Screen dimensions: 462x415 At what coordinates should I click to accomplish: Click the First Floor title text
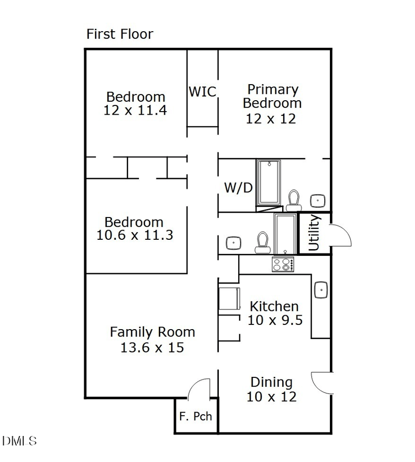click(120, 34)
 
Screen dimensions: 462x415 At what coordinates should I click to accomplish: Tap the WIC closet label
click(202, 92)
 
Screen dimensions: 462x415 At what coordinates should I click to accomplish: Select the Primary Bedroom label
click(272, 96)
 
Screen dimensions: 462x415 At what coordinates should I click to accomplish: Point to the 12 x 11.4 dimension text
click(135, 110)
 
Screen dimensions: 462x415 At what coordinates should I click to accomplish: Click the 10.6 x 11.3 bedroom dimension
click(134, 235)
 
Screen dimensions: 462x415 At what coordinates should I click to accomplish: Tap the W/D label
click(238, 187)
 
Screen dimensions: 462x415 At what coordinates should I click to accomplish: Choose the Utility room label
click(314, 233)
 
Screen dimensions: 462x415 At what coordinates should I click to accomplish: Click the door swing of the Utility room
click(340, 236)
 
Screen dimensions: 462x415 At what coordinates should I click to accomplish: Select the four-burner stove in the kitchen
click(283, 265)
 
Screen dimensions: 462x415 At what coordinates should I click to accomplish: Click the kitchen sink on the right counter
click(320, 289)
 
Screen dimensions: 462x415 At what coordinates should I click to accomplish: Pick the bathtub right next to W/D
click(269, 183)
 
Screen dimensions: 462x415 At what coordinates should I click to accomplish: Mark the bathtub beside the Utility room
click(284, 233)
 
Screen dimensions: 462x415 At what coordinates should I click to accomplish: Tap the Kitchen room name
click(274, 306)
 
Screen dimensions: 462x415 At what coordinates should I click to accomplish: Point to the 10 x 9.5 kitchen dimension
click(274, 320)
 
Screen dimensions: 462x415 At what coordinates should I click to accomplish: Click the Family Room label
click(153, 332)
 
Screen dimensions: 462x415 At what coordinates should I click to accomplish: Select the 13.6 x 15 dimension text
click(152, 347)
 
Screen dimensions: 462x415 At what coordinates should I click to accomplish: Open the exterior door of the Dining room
click(321, 383)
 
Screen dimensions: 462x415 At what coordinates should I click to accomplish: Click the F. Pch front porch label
click(196, 416)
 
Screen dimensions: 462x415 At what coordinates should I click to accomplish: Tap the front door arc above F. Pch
click(198, 388)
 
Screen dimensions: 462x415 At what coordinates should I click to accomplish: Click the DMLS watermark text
click(19, 441)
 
